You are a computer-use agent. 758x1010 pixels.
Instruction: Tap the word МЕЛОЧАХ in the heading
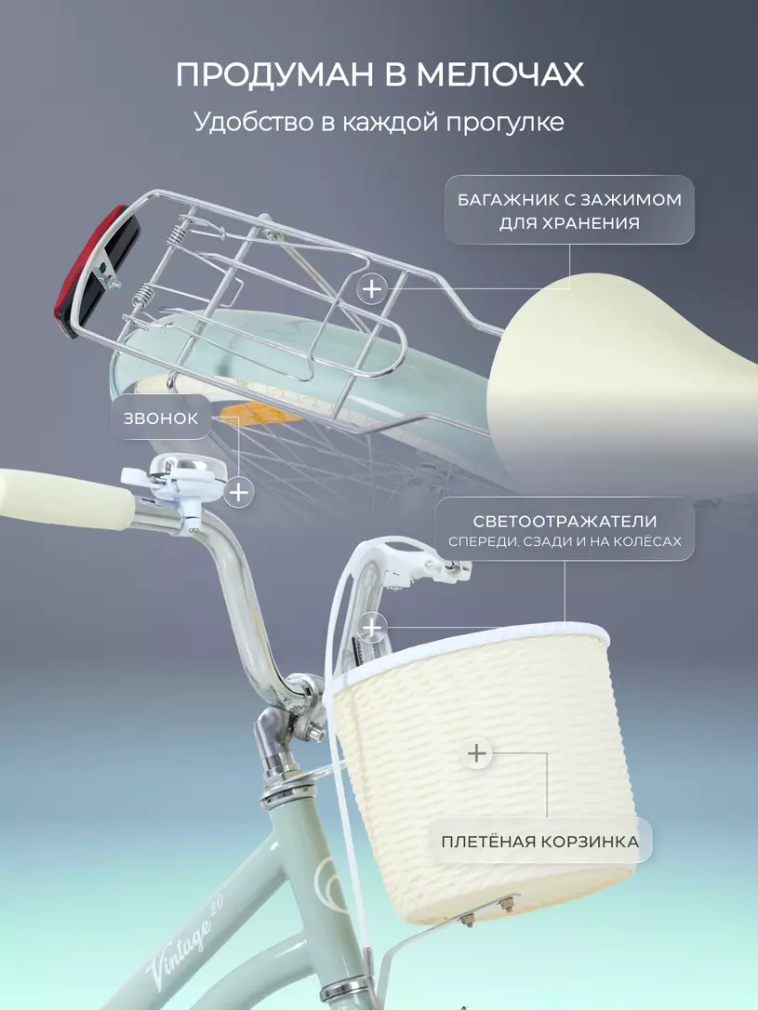pyautogui.click(x=500, y=74)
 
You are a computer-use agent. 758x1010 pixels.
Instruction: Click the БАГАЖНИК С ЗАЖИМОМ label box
pyautogui.click(x=569, y=210)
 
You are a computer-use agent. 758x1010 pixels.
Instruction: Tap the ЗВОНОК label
pyautogui.click(x=161, y=419)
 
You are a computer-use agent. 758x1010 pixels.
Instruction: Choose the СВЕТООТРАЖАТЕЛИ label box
pyautogui.click(x=565, y=529)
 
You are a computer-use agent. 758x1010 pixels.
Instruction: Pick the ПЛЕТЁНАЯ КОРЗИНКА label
pyautogui.click(x=539, y=842)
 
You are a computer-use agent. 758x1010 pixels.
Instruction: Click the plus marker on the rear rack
pyautogui.click(x=372, y=288)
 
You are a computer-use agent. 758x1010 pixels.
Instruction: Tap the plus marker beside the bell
pyautogui.click(x=239, y=492)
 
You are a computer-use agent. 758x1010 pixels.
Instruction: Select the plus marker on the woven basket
pyautogui.click(x=476, y=753)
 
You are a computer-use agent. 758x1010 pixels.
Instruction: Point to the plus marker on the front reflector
pyautogui.click(x=373, y=627)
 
